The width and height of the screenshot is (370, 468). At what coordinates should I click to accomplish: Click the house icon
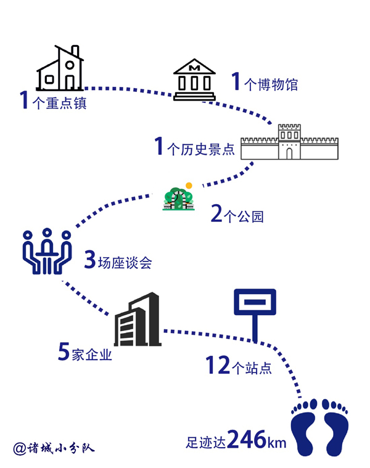click(x=60, y=69)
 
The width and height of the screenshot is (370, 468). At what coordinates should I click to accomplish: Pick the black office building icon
click(x=138, y=320)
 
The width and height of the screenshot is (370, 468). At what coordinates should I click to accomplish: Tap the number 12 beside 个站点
click(x=218, y=366)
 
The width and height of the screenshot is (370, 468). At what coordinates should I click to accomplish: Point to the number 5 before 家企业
click(x=64, y=351)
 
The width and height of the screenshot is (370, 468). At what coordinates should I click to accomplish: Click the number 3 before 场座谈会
click(x=90, y=261)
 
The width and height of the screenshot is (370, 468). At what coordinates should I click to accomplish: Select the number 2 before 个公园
click(x=216, y=214)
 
